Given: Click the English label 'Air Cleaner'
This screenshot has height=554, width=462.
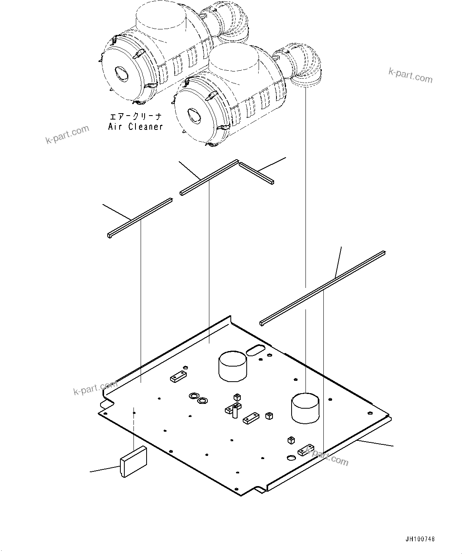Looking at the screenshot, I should [135, 127].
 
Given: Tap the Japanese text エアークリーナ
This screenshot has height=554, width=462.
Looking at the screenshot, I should [135, 117].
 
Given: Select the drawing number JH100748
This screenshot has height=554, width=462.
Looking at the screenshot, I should [420, 539].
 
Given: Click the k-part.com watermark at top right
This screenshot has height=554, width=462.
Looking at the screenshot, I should [410, 75].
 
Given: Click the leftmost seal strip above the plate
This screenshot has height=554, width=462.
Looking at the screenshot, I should [139, 217].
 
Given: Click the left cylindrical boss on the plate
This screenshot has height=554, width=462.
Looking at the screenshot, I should [232, 366].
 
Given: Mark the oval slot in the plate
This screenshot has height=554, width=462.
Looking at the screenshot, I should [256, 350].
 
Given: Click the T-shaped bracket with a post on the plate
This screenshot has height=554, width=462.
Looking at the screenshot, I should [233, 411].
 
